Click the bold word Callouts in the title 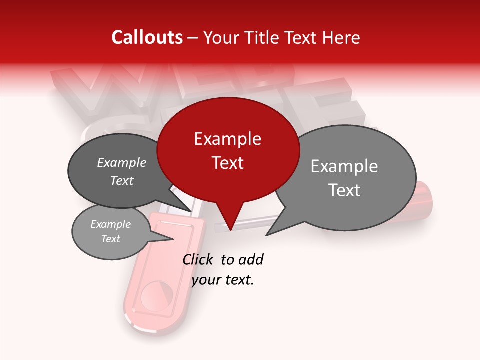coord(147,37)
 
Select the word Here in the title coord(340,37)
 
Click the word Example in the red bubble coord(227,139)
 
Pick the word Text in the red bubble coord(227,162)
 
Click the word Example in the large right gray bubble coord(344,166)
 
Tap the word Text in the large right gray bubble coord(344,190)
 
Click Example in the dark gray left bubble coord(121,162)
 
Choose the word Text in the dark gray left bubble coord(121,180)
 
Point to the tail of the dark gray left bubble coord(189,210)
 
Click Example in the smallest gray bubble coord(110,224)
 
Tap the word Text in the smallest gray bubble coord(110,239)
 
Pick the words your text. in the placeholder coord(223,280)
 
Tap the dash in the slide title coord(193,38)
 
